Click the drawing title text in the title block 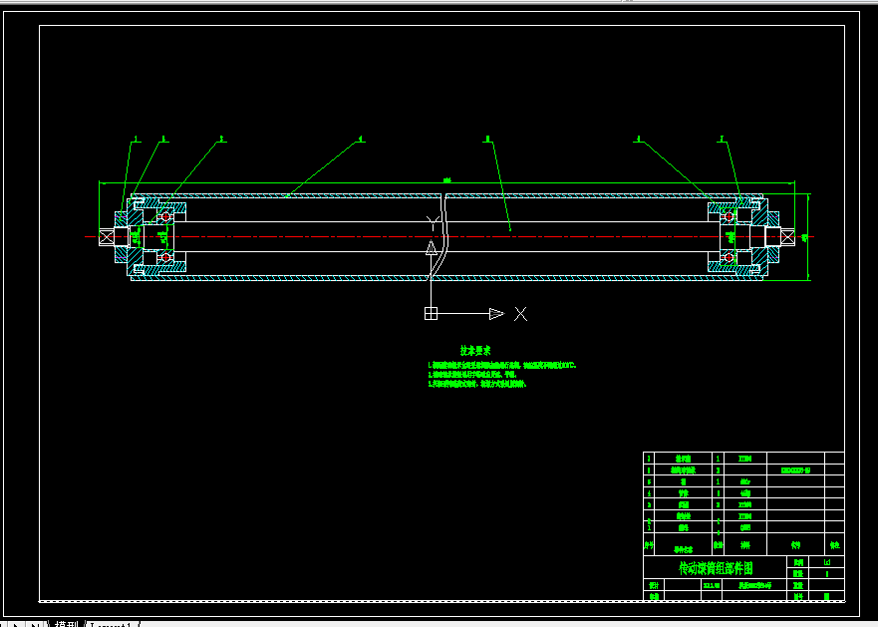[x=715, y=568]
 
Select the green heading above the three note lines [x=474, y=351]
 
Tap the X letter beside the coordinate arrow [x=520, y=314]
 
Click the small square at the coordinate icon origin [x=431, y=314]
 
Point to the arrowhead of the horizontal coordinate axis [x=496, y=314]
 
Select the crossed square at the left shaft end [x=107, y=236]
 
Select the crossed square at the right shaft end [x=787, y=236]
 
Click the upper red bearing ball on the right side [x=730, y=215]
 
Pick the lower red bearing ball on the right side [x=730, y=258]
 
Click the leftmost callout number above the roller [x=137, y=140]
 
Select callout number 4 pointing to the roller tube [x=360, y=140]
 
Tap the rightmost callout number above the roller [x=722, y=140]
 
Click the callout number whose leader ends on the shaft [x=487, y=140]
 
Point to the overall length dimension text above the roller [x=446, y=179]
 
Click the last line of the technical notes [x=476, y=384]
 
